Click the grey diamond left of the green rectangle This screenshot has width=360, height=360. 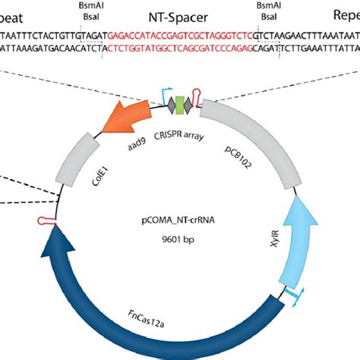(170, 106)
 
